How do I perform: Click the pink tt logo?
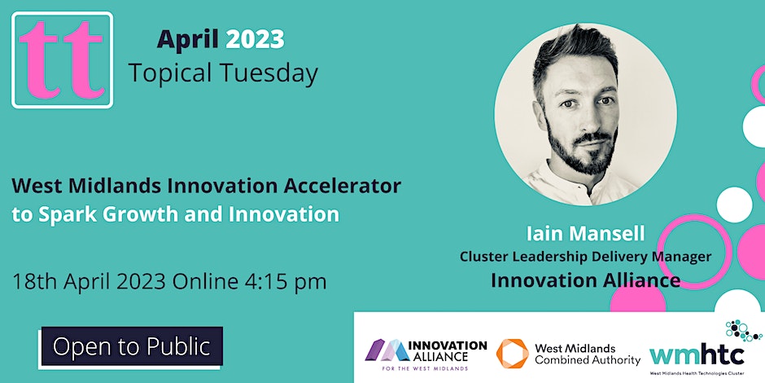tap(62, 60)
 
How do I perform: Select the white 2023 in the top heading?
tap(255, 38)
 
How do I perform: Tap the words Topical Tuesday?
tap(222, 73)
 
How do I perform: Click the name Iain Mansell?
tap(584, 234)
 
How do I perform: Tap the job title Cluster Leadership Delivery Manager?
tap(585, 257)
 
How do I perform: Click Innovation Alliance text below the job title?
tap(584, 280)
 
